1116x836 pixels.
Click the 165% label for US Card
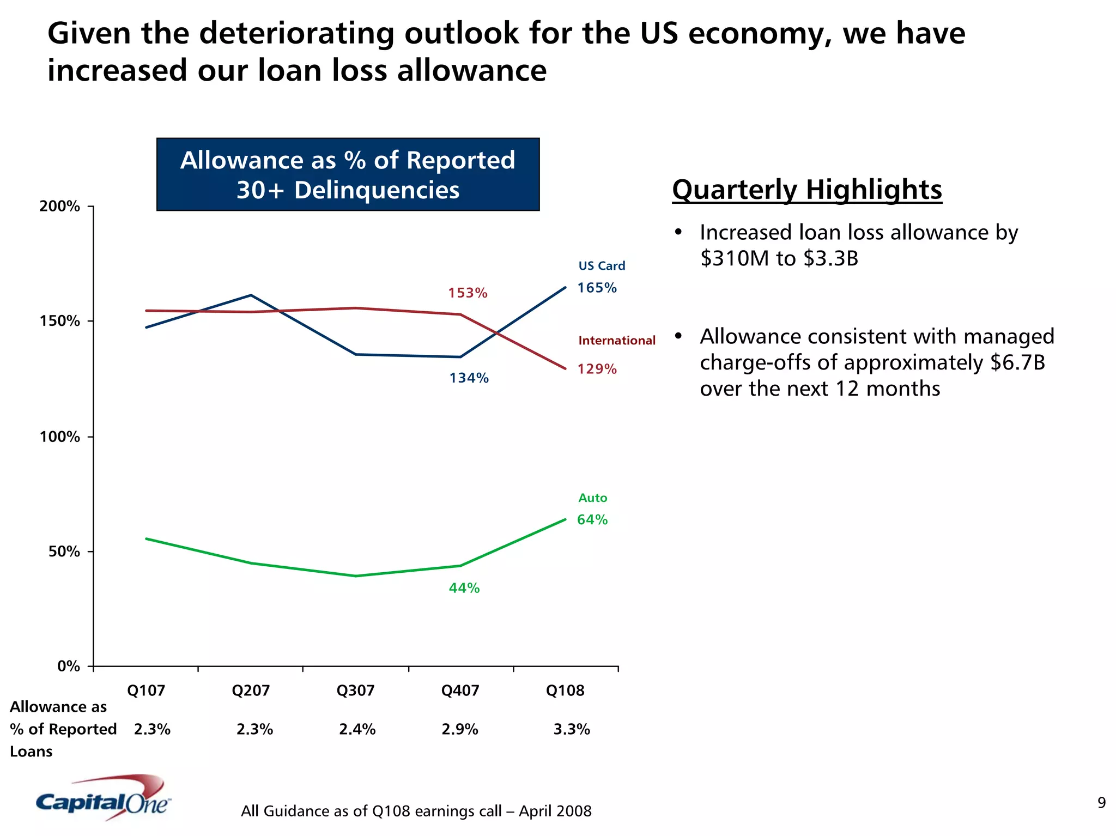tap(597, 288)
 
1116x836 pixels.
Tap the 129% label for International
tap(597, 369)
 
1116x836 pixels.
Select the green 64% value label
tap(592, 520)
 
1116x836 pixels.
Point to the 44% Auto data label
tap(464, 588)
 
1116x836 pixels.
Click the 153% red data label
tap(468, 293)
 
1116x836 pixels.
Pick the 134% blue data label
tap(469, 378)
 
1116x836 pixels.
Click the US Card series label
tap(602, 266)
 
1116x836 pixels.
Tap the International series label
tap(617, 341)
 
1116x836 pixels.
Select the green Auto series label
tap(592, 498)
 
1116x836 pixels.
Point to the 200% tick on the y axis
tap(60, 207)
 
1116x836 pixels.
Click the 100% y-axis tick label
tap(60, 437)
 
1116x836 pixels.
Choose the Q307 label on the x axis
tap(355, 690)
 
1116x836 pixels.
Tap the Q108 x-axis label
tap(565, 690)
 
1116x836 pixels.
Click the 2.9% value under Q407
tap(460, 729)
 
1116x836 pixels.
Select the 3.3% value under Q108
tap(572, 729)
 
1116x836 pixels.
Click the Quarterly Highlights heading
tap(807, 190)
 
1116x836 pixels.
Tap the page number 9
tap(1101, 803)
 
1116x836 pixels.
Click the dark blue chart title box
tap(348, 174)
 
